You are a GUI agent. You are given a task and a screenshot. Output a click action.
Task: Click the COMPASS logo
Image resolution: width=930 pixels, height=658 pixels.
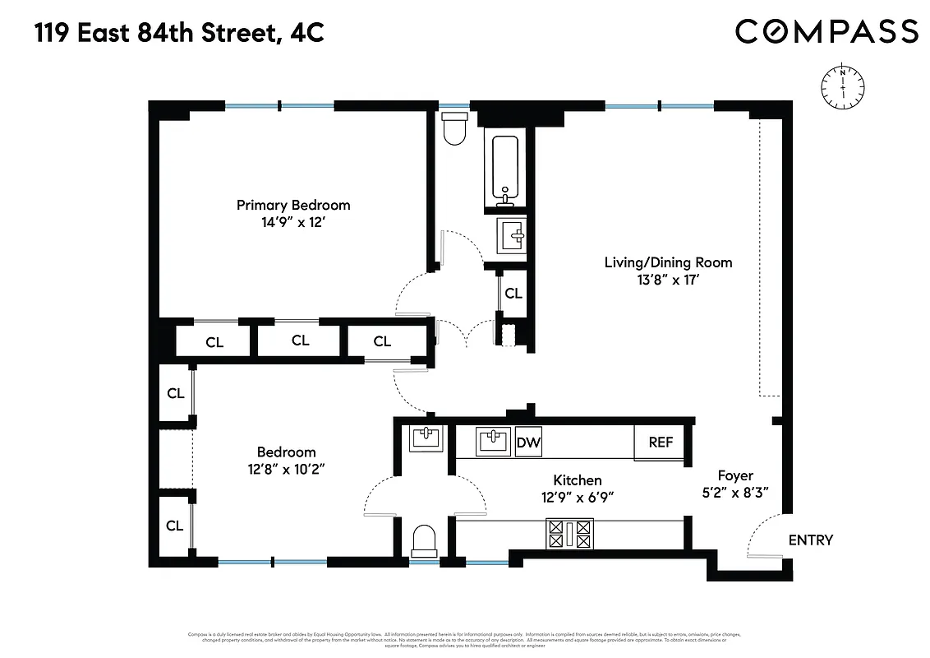tap(826, 31)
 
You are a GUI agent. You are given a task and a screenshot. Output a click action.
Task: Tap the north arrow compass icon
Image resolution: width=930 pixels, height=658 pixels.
tap(843, 85)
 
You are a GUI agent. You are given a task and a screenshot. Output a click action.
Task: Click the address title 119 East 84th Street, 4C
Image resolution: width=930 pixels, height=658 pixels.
tap(179, 33)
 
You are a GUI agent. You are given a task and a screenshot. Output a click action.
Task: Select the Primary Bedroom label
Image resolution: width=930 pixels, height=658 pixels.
tap(293, 205)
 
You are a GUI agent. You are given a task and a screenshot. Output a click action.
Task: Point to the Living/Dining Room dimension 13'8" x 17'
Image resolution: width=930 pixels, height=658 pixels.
tap(668, 280)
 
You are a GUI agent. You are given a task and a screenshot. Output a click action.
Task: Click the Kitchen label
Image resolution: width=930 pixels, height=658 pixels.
tap(577, 480)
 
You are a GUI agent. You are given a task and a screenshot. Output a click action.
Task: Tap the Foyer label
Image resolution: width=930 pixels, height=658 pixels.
tap(734, 475)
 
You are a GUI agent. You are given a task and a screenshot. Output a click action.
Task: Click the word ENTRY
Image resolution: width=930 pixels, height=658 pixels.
tap(810, 540)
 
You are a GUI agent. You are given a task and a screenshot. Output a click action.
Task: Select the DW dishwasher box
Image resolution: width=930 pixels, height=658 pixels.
tap(528, 443)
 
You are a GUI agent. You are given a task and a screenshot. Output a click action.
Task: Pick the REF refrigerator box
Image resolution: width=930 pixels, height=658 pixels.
tap(661, 443)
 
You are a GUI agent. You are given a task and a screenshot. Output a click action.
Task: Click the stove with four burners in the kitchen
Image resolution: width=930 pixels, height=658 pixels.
tap(569, 533)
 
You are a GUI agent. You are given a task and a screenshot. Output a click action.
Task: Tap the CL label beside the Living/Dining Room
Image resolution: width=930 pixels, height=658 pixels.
tap(513, 293)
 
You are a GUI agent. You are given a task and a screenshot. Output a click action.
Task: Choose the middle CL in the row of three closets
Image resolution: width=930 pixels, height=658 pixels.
tap(300, 341)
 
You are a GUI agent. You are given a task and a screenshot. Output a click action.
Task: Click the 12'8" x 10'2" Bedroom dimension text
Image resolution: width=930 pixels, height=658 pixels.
tap(286, 469)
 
